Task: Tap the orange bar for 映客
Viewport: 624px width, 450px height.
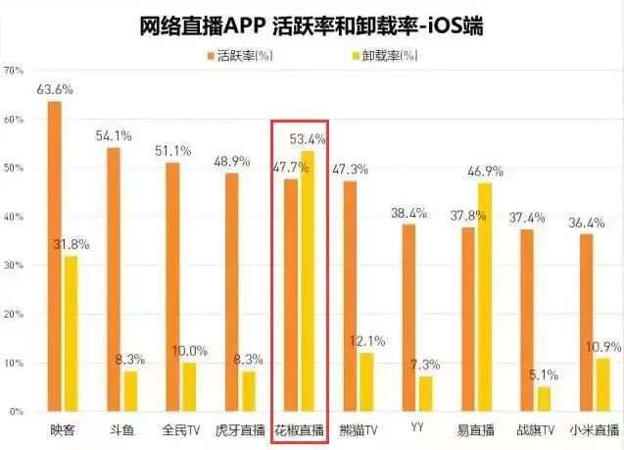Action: pos(54,256)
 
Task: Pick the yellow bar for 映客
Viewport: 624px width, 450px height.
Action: pos(72,333)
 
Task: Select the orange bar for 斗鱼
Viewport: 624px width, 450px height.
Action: pos(113,279)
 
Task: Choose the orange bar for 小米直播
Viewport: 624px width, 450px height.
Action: pos(586,323)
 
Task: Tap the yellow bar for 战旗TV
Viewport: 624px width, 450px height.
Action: pos(544,399)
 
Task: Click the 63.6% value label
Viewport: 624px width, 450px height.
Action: pos(55,89)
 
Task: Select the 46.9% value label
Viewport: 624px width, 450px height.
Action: pos(485,171)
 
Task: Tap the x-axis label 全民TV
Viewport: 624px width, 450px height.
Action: pos(180,429)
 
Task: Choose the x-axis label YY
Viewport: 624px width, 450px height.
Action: pos(416,429)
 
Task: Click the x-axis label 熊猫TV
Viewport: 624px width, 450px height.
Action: pos(357,429)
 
